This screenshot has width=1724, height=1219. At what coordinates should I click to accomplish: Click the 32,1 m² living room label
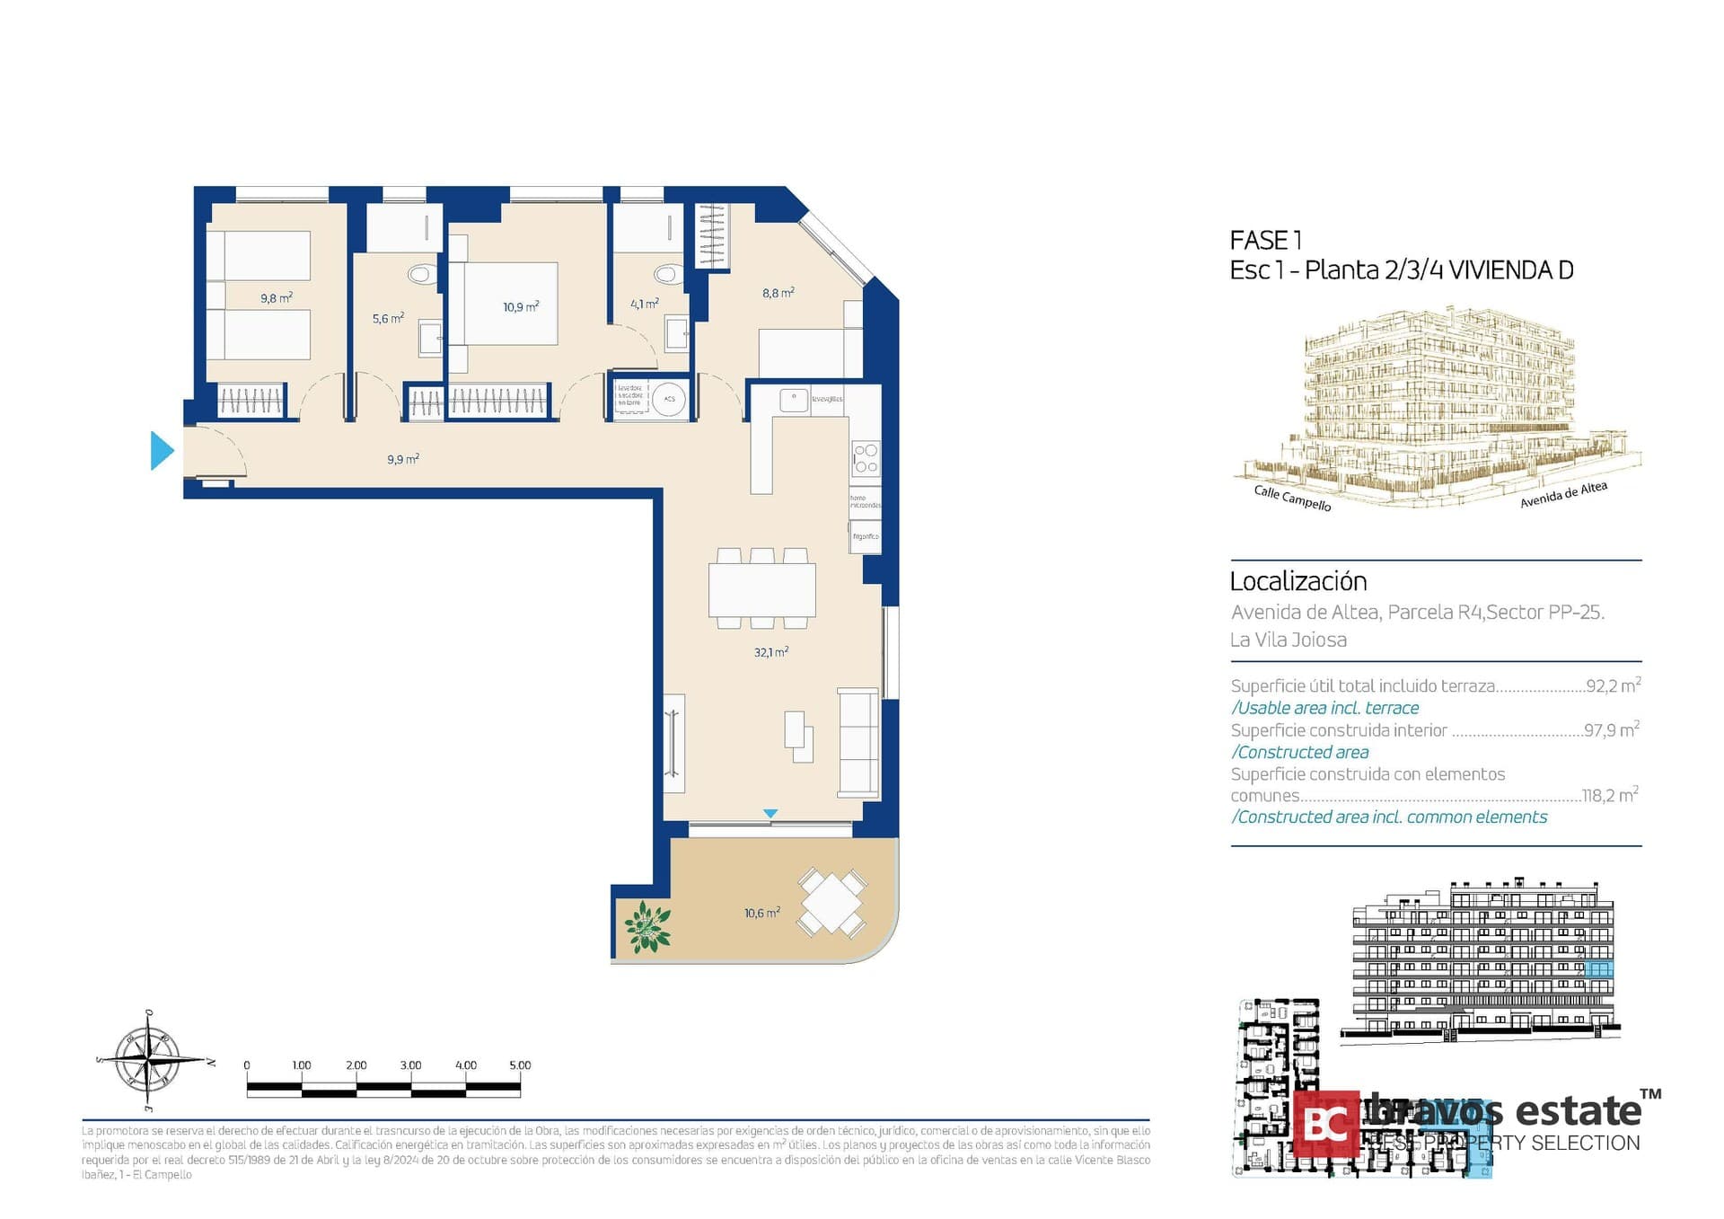coord(770,652)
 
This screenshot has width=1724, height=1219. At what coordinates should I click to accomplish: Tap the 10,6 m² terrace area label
coord(761,913)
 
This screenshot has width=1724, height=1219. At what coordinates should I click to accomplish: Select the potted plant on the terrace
coord(647,927)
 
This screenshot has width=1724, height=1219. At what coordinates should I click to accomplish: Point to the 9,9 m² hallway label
coord(402,459)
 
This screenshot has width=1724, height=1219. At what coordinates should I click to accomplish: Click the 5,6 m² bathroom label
coord(388,318)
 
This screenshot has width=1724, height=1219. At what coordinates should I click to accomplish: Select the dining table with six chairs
coord(761,589)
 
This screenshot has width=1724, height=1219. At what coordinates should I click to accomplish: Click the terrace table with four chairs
coord(832,902)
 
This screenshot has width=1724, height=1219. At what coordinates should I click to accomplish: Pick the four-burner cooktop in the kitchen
coord(866,458)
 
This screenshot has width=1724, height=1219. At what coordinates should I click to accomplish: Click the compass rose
coord(149,1060)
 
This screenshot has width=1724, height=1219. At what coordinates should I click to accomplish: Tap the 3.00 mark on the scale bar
coord(410,1065)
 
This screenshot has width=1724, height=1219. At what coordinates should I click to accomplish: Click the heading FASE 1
coord(1265,240)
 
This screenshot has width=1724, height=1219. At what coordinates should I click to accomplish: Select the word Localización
coord(1297,581)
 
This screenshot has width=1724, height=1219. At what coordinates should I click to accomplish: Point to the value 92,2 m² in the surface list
coord(1613,685)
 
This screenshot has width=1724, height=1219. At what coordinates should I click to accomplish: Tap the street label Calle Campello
coord(1292,498)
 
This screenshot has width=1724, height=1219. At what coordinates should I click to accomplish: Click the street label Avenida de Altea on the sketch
coord(1563,494)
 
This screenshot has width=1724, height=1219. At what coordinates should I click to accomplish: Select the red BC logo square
coord(1325,1123)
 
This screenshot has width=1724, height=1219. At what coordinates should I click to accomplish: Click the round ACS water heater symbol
coord(669,399)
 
